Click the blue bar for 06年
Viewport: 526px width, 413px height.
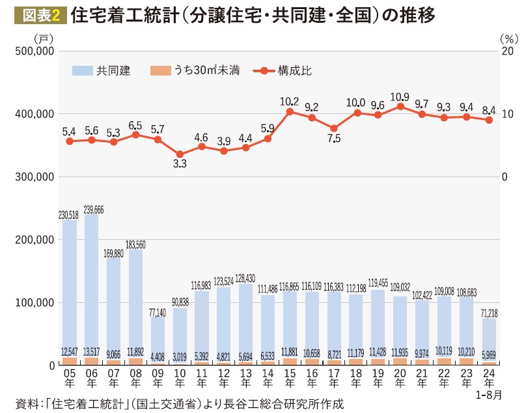pos(92,287)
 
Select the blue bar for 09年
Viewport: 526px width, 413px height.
pos(158,339)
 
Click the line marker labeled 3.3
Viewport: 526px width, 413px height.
pos(180,154)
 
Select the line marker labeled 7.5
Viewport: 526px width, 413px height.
pos(334,128)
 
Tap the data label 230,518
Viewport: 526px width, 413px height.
pos(70,215)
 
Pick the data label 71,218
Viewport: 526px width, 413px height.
pos(488,314)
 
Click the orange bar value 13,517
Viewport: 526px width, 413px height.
pos(92,352)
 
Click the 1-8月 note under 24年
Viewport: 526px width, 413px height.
pos(490,395)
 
